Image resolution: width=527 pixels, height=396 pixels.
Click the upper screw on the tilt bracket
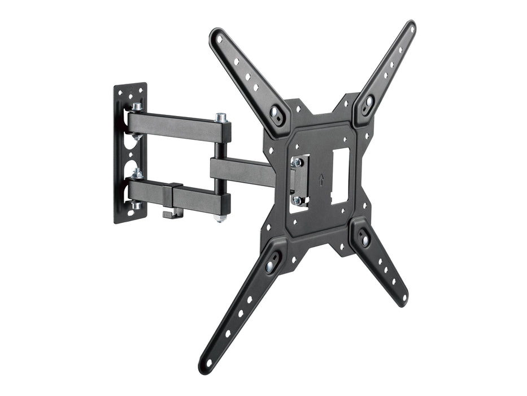pos(297,163)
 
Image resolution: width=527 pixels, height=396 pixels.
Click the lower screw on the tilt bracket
pos(297,200)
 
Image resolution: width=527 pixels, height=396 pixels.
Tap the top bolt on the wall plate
pos(137,106)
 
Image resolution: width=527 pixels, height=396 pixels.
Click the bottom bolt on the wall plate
pos(137,205)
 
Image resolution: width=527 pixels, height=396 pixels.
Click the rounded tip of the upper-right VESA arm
pos(409,28)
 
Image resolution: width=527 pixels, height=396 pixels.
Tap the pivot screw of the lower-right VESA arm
pos(365,240)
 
